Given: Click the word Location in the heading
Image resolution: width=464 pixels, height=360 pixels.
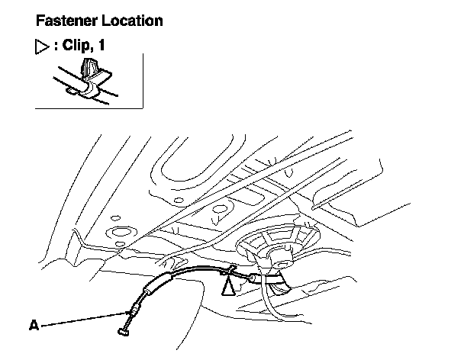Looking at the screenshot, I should [x=130, y=21].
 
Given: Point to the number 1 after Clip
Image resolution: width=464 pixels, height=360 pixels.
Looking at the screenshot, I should [x=101, y=47].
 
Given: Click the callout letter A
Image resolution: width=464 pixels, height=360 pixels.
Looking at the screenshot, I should [x=34, y=325].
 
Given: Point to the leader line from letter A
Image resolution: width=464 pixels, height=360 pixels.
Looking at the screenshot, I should [x=84, y=318].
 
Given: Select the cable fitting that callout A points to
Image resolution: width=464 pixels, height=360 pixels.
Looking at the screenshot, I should [x=134, y=308].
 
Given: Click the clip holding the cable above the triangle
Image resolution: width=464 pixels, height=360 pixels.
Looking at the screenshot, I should [x=228, y=269].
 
